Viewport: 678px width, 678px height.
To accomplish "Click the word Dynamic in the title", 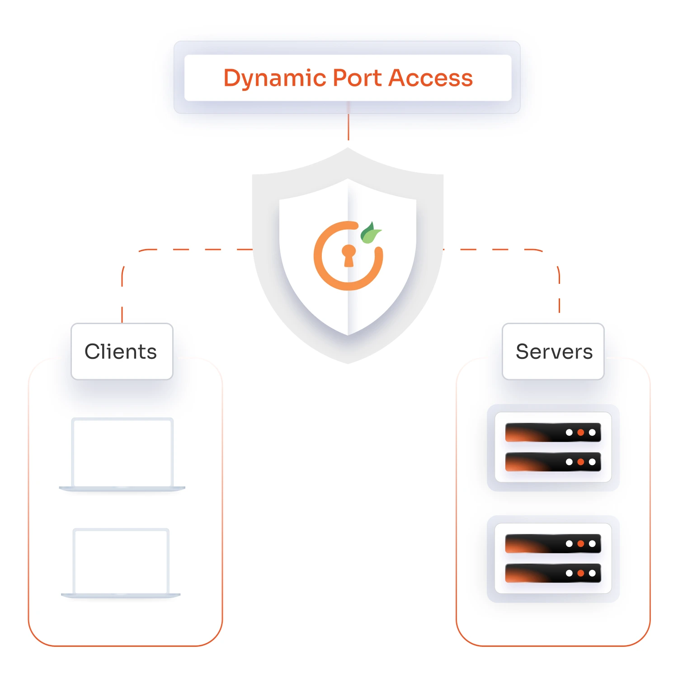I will [x=275, y=78].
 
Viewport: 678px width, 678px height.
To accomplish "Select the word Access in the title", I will [x=430, y=78].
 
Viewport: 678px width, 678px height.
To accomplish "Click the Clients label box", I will [x=122, y=352].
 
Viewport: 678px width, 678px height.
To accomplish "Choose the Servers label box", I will [x=553, y=352].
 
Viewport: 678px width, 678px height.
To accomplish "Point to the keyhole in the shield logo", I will [x=348, y=256].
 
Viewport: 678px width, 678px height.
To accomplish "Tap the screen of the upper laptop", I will [x=122, y=452].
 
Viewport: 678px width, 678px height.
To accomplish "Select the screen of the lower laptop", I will [x=121, y=561].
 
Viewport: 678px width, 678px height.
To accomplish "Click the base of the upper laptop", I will [x=122, y=489].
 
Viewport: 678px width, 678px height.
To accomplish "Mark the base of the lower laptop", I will [x=121, y=595].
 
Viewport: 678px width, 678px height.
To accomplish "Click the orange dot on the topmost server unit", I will [x=580, y=433].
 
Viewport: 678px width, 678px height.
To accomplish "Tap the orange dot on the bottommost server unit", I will [x=580, y=573].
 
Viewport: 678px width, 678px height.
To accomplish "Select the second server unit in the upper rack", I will [x=552, y=462].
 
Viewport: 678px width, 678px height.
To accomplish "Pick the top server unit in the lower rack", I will [x=552, y=544].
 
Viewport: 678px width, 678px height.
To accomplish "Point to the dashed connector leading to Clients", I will [x=181, y=250].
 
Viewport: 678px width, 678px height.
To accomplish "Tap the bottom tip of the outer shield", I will [x=348, y=363].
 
